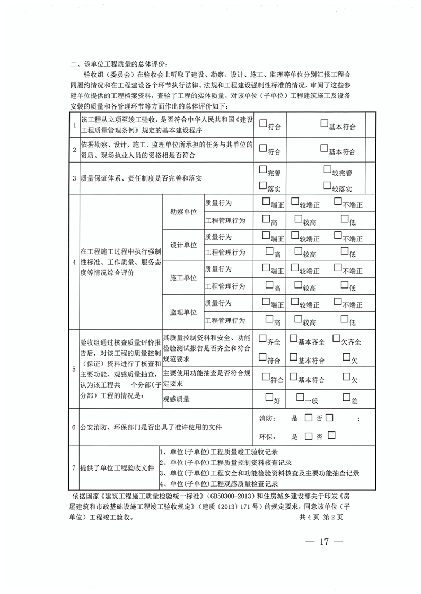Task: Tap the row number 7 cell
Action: pos(75,468)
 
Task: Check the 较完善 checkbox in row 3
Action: pos(327,171)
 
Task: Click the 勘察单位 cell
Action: pos(183,211)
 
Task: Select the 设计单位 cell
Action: pos(183,245)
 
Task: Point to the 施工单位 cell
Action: pos(183,277)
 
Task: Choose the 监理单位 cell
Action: pos(183,312)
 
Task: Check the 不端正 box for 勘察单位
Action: pos(338,202)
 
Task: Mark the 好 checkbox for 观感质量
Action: pos(269,398)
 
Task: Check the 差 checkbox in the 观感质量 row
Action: pos(346,398)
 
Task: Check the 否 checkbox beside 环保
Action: pos(332,436)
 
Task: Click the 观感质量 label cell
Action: pos(180,399)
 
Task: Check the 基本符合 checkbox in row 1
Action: pos(324,124)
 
